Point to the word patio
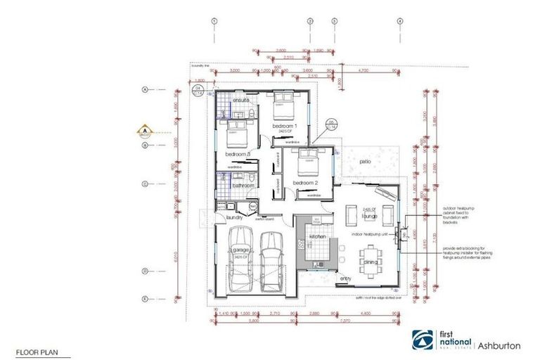pos(364,162)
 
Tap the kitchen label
pos(318,237)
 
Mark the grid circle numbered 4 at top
pos(399,22)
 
